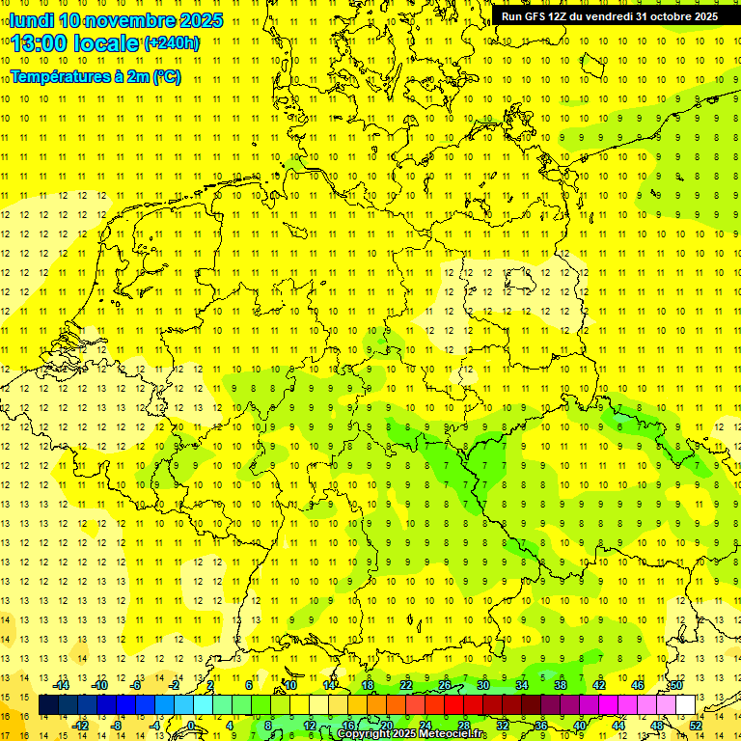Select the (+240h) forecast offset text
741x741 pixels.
click(x=172, y=43)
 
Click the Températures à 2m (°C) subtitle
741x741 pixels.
click(x=95, y=76)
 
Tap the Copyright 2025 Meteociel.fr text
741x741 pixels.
click(x=410, y=734)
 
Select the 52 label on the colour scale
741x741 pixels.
click(x=695, y=725)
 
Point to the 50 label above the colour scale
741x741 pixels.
click(x=676, y=685)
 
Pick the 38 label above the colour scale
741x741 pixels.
click(x=561, y=685)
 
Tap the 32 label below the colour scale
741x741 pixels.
click(x=503, y=725)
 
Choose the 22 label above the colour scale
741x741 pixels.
click(x=406, y=685)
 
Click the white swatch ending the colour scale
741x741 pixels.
click(x=685, y=705)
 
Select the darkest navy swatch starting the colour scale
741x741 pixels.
click(x=48, y=705)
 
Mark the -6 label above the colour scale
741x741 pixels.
click(x=136, y=685)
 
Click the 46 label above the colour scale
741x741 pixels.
click(x=638, y=685)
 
